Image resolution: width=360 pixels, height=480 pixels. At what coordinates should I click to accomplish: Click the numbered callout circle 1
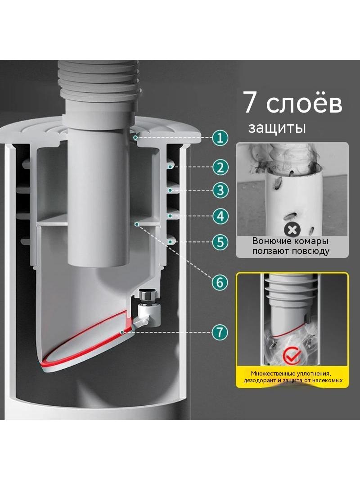[x=220, y=138]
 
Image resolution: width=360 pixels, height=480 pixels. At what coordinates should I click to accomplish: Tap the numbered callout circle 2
[x=220, y=167]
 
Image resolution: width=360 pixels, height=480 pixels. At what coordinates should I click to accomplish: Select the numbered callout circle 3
[x=220, y=190]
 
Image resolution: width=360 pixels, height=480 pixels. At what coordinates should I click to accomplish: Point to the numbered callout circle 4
[x=220, y=216]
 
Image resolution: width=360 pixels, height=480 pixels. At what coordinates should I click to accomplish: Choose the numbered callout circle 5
[x=220, y=242]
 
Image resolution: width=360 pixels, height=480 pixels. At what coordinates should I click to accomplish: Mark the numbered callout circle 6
[x=220, y=282]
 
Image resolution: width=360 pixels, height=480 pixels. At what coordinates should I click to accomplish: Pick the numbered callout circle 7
[x=220, y=332]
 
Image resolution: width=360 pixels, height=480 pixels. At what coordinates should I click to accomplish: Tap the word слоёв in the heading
[x=304, y=102]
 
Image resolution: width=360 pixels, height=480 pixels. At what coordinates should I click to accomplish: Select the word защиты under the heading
[x=277, y=128]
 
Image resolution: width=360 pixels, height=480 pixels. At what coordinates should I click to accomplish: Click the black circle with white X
[x=292, y=230]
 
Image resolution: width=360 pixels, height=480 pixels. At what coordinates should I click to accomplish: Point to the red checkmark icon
[x=291, y=355]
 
